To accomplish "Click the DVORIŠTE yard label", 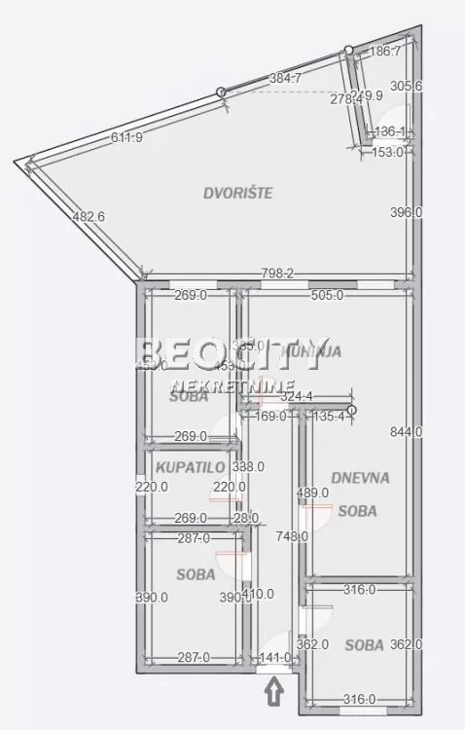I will [237, 193].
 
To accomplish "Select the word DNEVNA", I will [360, 478].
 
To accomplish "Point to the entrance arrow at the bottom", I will [274, 692].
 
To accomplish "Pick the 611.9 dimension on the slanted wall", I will [126, 137].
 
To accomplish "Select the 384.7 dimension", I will [285, 78].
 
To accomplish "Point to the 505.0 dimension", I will [326, 296].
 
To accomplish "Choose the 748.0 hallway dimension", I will [291, 535].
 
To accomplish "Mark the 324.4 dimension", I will [296, 395].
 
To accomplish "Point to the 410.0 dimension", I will [258, 593].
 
